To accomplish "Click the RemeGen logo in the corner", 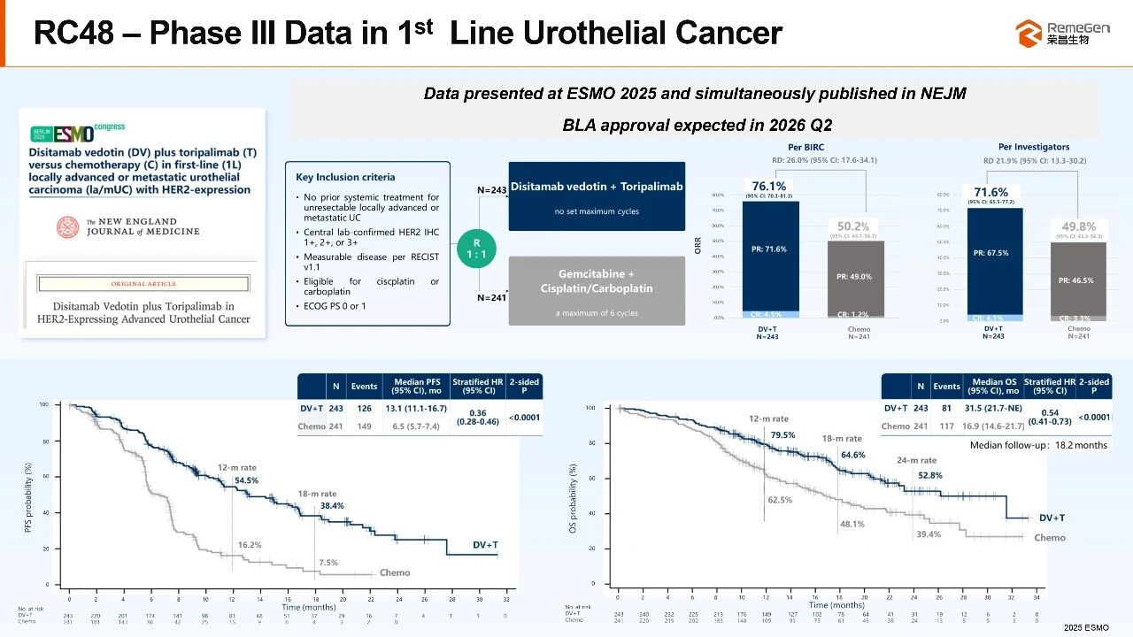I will click(x=1063, y=34).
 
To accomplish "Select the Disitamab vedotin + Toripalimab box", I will click(x=597, y=196).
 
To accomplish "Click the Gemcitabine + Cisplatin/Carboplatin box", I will click(x=597, y=289).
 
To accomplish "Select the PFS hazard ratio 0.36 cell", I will click(x=478, y=417).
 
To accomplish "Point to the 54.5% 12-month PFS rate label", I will click(x=247, y=481).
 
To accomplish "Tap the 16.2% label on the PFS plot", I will click(x=250, y=545).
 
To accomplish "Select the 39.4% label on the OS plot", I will click(x=929, y=533).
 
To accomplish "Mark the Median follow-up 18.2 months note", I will click(x=1038, y=445).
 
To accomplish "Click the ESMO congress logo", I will click(x=78, y=132).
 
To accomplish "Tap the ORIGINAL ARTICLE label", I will click(x=143, y=284).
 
